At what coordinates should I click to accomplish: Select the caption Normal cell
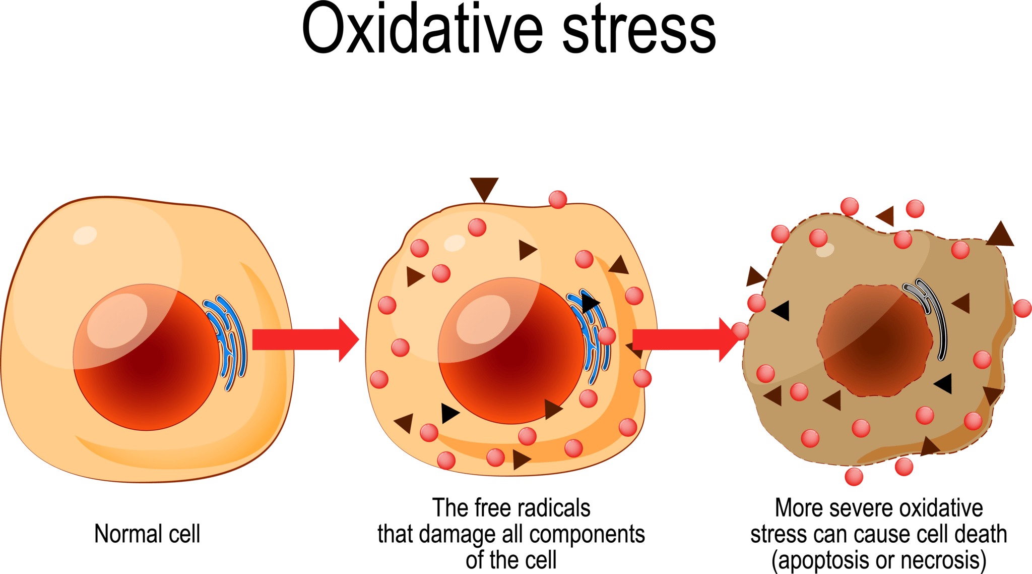(147, 534)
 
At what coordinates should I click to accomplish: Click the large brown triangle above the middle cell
(484, 187)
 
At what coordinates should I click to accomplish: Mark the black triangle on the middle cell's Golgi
(590, 303)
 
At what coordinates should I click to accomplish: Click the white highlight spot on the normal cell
(85, 235)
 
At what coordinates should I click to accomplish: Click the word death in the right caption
(983, 534)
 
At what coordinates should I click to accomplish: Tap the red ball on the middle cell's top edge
(558, 199)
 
